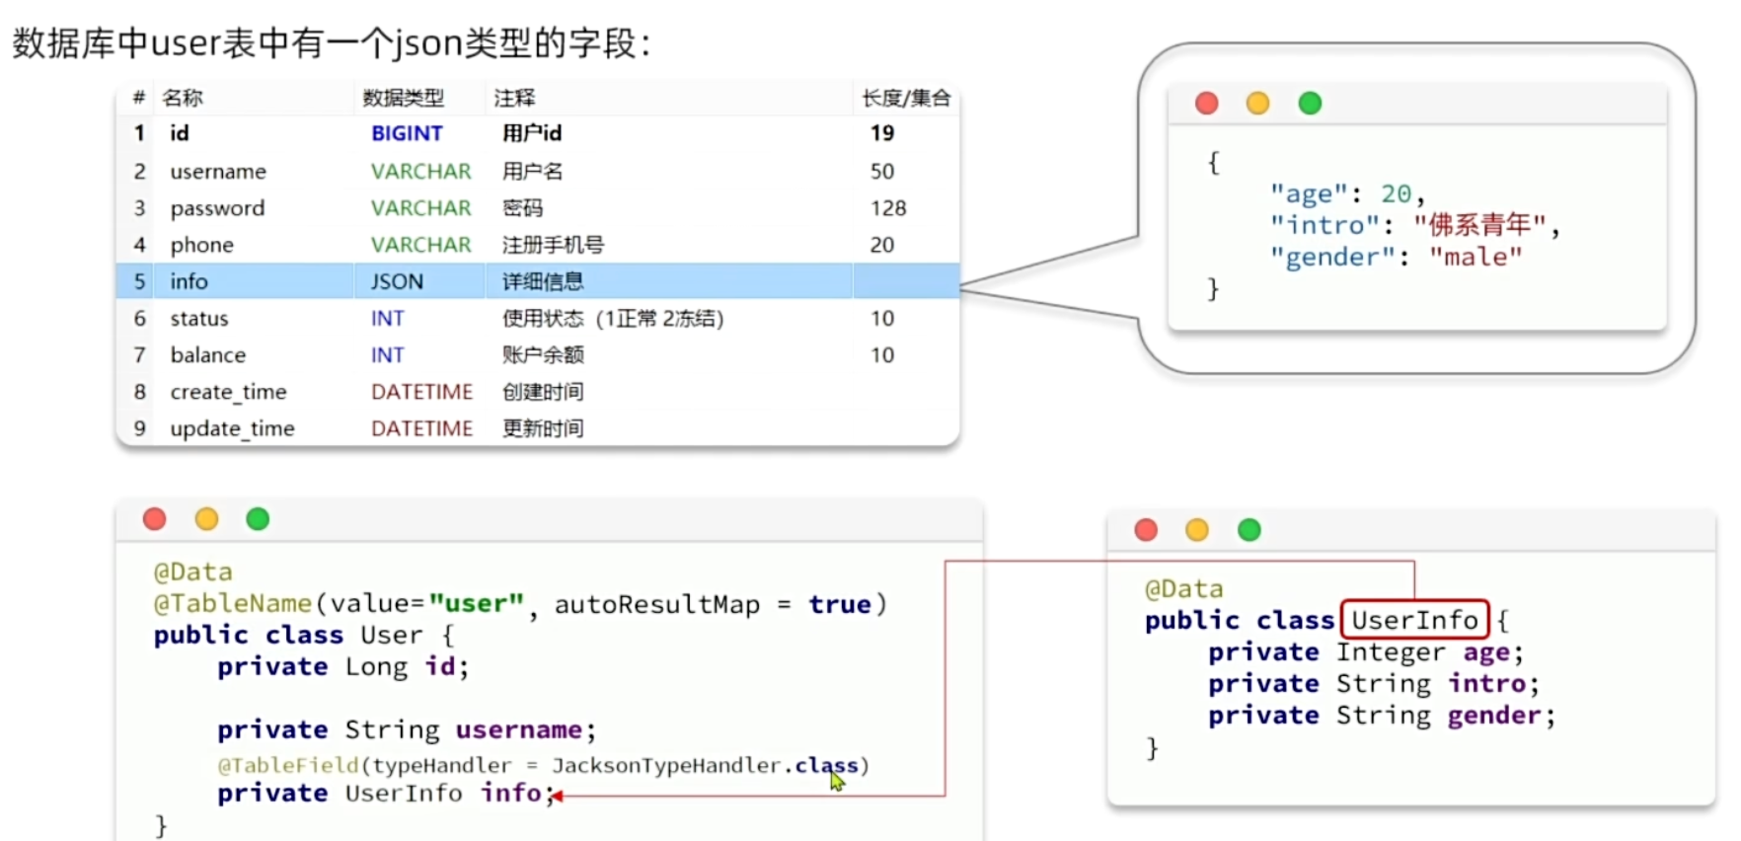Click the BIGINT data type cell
coord(407,133)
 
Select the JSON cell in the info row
coord(397,281)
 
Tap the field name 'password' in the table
coord(217,208)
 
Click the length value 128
coord(887,208)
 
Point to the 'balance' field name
coord(207,355)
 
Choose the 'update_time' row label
coord(232,428)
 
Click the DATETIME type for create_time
coord(421,392)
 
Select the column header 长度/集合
coord(905,98)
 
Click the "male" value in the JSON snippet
coord(1476,258)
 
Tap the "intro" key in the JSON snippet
coord(1324,226)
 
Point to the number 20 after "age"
coord(1396,193)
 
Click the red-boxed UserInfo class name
coord(1414,620)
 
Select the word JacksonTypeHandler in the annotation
coord(665,765)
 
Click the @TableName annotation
coord(232,603)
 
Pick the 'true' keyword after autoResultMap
coord(839,604)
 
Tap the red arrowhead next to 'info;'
coord(557,796)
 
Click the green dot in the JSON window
coord(1310,104)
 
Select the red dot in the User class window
coord(155,519)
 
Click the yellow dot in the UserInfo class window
coord(1197,530)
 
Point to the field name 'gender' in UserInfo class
coord(1493,715)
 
